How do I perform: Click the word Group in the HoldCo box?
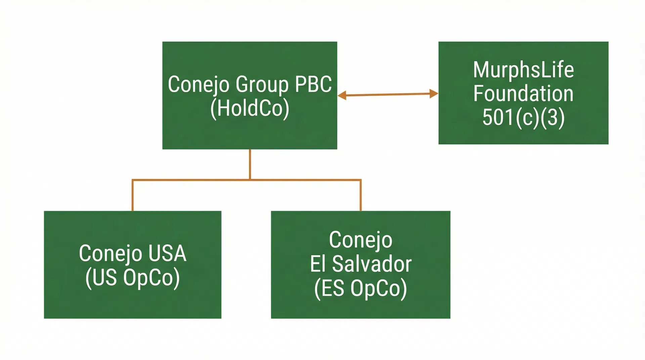(262, 84)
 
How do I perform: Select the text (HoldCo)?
(250, 108)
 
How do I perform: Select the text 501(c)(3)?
(523, 117)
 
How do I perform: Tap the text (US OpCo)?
(132, 278)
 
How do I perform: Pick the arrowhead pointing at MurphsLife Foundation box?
(434, 94)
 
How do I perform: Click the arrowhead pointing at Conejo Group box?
(342, 96)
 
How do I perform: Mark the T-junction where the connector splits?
(250, 180)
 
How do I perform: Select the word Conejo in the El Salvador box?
(360, 240)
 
